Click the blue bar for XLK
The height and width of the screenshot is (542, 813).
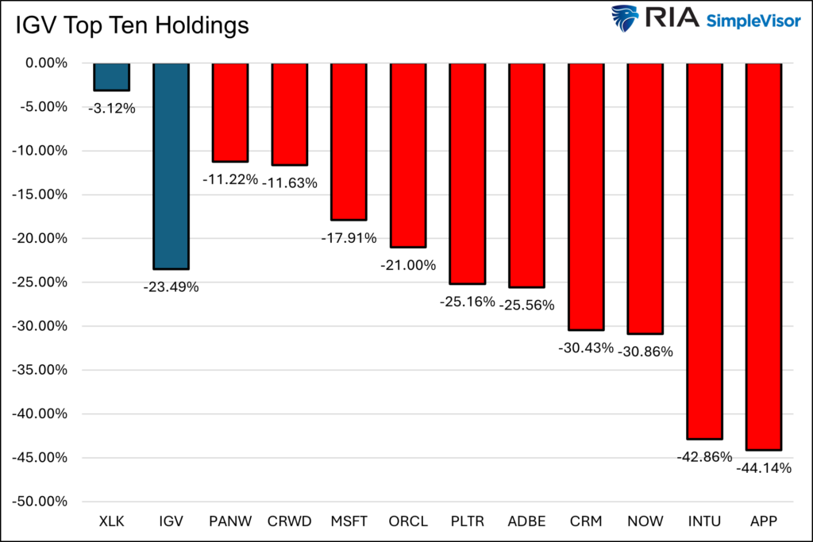112,77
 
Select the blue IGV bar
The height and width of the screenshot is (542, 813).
171,166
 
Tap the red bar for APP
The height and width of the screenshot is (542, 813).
765,256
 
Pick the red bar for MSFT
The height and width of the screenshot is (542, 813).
349,141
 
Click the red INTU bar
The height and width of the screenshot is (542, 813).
705,251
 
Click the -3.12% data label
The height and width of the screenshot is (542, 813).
111,108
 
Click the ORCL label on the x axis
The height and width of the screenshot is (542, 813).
408,521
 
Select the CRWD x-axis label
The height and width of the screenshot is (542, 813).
290,521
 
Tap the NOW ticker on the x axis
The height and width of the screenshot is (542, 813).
645,521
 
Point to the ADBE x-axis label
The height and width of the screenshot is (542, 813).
526,521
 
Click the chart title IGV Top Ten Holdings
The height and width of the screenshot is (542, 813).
132,26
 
